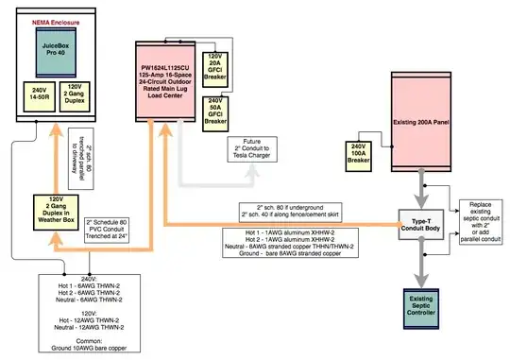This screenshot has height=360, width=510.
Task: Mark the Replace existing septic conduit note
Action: [x=481, y=218]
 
